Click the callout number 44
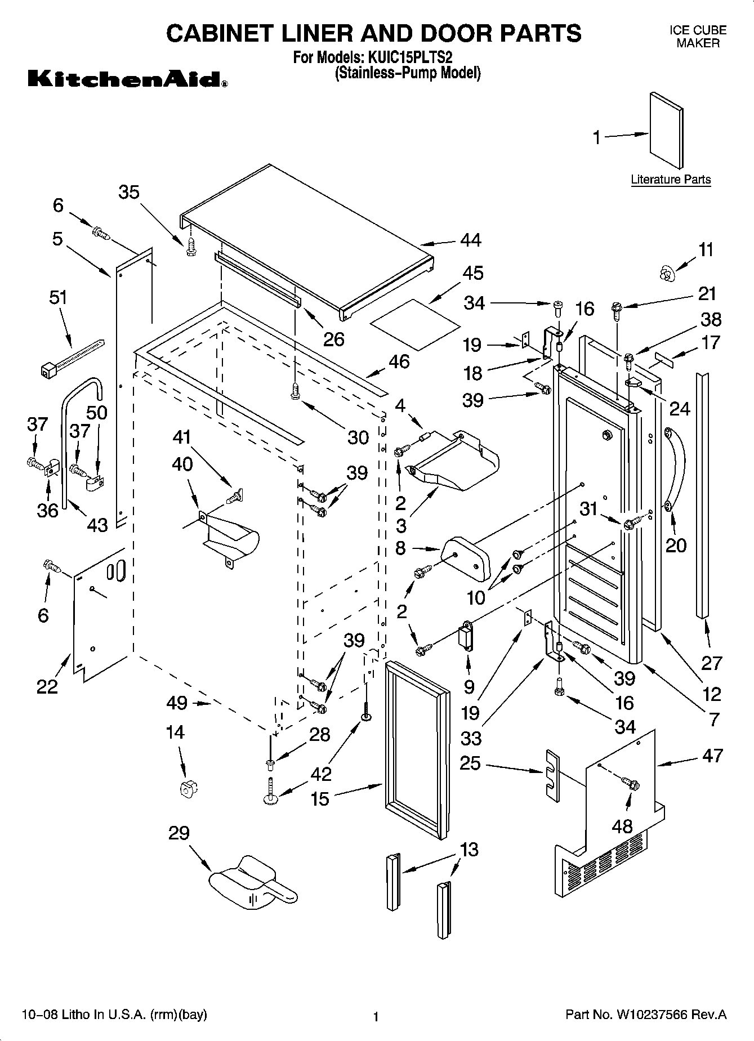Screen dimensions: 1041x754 pyautogui.click(x=470, y=240)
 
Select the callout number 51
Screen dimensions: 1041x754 pyautogui.click(x=58, y=297)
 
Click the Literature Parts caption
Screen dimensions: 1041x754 pyautogui.click(x=670, y=180)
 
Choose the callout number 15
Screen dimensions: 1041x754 pyautogui.click(x=320, y=798)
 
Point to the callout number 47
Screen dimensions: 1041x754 pyautogui.click(x=712, y=755)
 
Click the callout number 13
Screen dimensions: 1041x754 pyautogui.click(x=469, y=848)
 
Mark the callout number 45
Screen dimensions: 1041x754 pyautogui.click(x=473, y=273)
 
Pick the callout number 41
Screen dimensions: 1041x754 pyautogui.click(x=182, y=437)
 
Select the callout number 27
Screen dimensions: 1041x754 pyautogui.click(x=711, y=663)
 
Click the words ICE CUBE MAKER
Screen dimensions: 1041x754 pyautogui.click(x=698, y=37)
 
